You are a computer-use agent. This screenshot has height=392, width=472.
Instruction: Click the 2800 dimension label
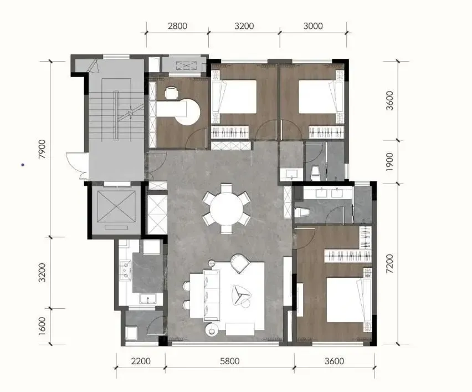(177, 26)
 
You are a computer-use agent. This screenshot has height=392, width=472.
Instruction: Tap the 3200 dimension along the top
(244, 26)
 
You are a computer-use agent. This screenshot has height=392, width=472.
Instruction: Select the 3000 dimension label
(313, 26)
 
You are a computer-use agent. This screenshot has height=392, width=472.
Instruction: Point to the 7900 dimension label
(42, 149)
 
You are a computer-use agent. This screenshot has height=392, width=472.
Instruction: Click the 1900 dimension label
(389, 162)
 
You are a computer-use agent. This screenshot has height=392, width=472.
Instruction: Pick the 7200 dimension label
(389, 263)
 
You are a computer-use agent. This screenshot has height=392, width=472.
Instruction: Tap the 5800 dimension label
(230, 361)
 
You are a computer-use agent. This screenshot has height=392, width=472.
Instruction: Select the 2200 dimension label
(141, 361)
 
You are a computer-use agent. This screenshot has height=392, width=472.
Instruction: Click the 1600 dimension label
(42, 325)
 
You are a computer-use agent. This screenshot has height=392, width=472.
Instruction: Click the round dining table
(226, 209)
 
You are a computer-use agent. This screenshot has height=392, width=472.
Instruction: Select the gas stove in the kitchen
(126, 269)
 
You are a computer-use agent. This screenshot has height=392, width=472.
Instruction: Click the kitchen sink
(148, 299)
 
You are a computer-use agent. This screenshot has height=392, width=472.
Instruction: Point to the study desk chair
(171, 93)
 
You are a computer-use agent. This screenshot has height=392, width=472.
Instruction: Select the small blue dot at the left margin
(23, 165)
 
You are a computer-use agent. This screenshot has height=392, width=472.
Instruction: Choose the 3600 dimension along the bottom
(334, 361)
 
